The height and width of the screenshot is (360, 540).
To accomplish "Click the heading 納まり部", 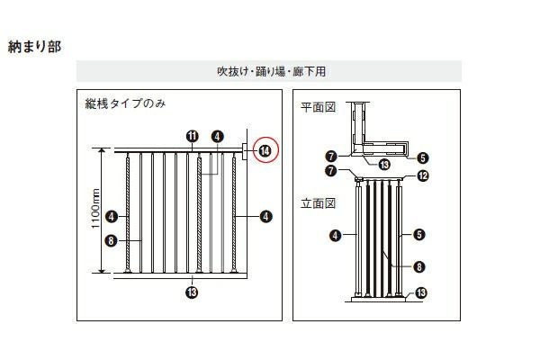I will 34,45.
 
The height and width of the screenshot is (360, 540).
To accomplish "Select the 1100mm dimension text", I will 95,212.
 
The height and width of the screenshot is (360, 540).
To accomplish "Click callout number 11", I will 192,136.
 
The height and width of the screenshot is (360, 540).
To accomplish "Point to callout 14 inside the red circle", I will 265,151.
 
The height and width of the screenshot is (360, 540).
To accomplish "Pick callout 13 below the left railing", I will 192,291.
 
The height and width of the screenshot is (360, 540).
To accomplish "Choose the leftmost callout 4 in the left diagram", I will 110,216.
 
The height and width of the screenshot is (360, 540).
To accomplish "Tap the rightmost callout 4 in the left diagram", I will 266,216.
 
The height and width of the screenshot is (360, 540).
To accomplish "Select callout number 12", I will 423,175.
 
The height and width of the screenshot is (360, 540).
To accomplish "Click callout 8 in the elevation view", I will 419,265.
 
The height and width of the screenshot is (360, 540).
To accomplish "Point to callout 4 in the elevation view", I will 335,236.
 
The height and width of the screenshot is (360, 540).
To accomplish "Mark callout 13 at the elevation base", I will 421,292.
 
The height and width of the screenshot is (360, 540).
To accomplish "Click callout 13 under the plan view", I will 383,164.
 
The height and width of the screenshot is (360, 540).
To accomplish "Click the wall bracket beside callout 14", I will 245,150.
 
